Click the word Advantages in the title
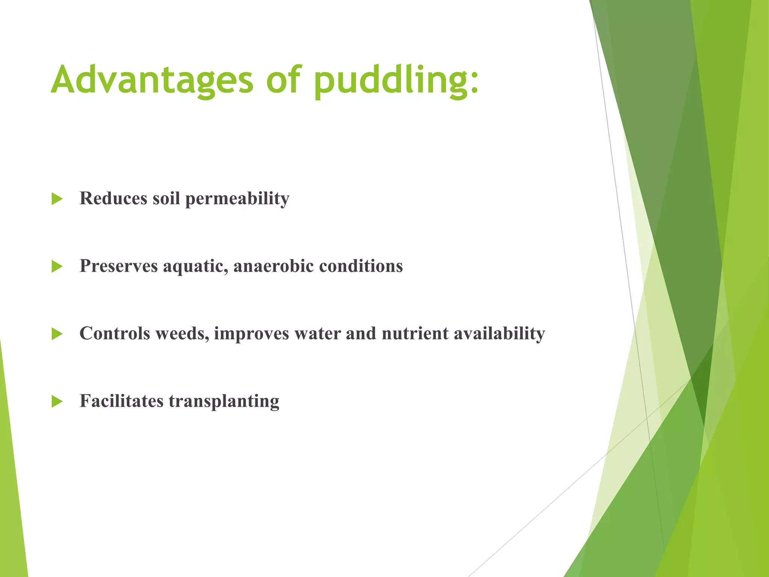click(x=152, y=80)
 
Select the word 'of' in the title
click(x=283, y=80)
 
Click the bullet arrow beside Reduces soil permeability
click(x=57, y=199)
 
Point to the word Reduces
click(x=113, y=198)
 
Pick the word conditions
click(x=361, y=266)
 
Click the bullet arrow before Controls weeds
click(x=57, y=334)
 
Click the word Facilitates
click(x=122, y=401)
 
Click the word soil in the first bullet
click(x=166, y=198)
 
